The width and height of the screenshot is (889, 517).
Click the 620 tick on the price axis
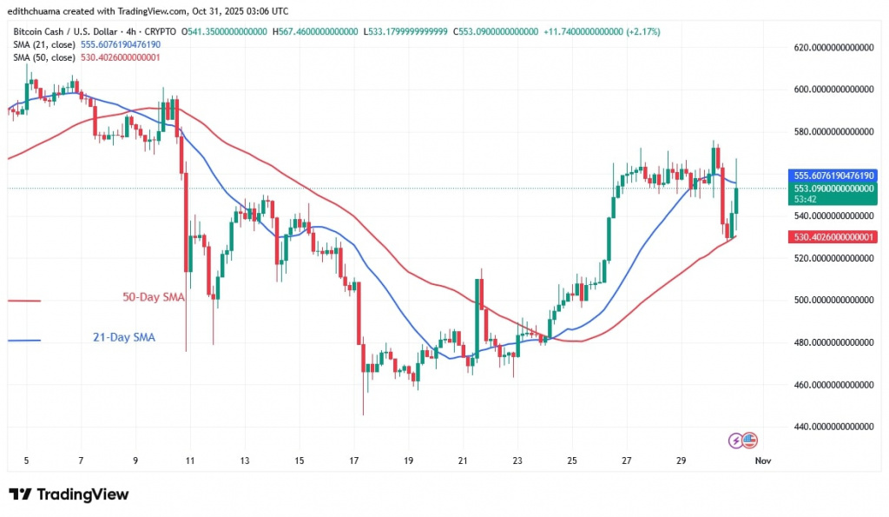click(x=833, y=47)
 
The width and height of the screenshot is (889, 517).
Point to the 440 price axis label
click(x=833, y=427)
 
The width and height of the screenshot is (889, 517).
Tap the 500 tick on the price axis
click(x=833, y=301)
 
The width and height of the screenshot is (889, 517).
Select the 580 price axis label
click(x=833, y=132)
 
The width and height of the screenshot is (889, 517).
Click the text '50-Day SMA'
click(x=153, y=298)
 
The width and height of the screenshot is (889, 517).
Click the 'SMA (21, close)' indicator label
click(x=49, y=44)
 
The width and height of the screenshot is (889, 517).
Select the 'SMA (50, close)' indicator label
click(x=49, y=57)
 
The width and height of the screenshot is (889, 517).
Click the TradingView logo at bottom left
click(x=69, y=494)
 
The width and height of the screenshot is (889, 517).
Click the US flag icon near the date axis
click(x=751, y=441)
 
